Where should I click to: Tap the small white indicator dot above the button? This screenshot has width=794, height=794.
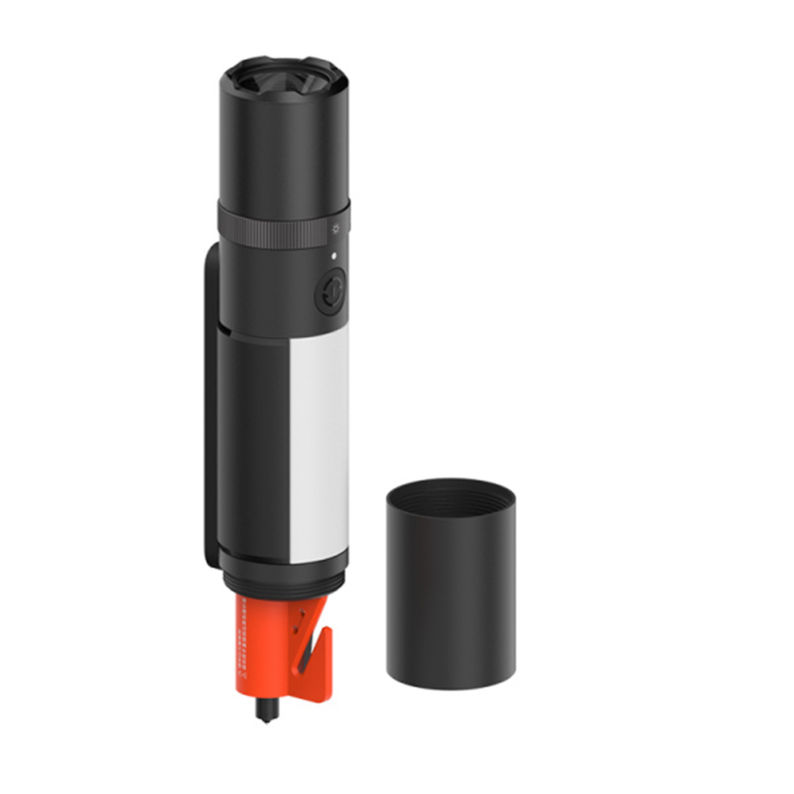pyautogui.click(x=333, y=256)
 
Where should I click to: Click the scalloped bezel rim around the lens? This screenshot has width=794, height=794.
pyautogui.click(x=284, y=66)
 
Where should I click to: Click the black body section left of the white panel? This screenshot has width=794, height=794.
pyautogui.click(x=253, y=448)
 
